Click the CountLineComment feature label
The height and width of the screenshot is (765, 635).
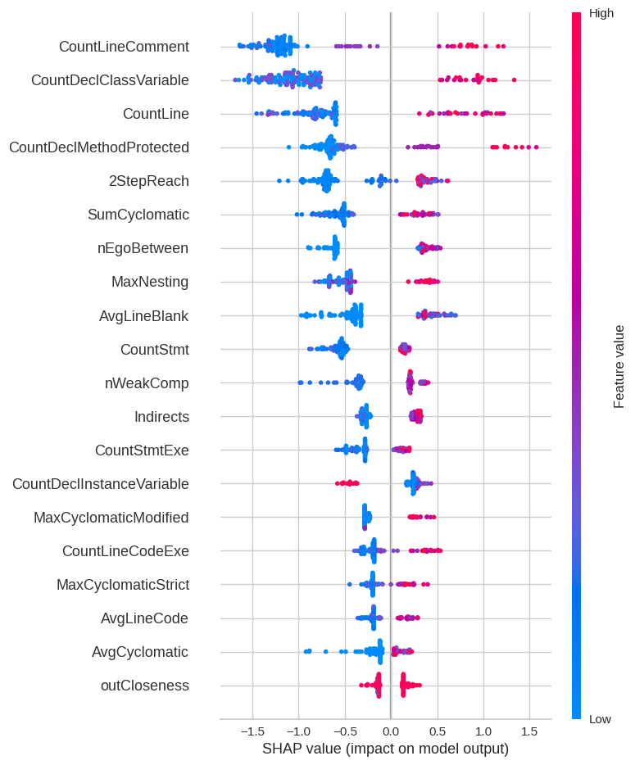(x=124, y=47)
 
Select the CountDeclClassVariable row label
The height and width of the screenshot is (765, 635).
(x=110, y=80)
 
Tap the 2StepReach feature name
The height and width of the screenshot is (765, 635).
(x=148, y=181)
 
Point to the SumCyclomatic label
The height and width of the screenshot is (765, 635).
(x=138, y=215)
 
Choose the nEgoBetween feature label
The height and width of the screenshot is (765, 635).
(x=143, y=248)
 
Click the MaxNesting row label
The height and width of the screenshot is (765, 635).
(x=150, y=282)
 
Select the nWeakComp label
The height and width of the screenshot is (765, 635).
(x=147, y=382)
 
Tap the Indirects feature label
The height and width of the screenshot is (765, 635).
(x=161, y=417)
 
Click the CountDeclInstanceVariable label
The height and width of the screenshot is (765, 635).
(x=100, y=484)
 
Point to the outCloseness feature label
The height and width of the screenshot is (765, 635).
(x=144, y=686)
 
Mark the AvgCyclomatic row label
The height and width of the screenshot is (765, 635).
(x=140, y=652)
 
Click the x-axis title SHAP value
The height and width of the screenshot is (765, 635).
(x=385, y=749)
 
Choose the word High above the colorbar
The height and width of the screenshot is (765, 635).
(x=601, y=13)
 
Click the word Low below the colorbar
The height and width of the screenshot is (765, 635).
(x=600, y=719)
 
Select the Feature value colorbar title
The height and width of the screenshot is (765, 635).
(x=619, y=366)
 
